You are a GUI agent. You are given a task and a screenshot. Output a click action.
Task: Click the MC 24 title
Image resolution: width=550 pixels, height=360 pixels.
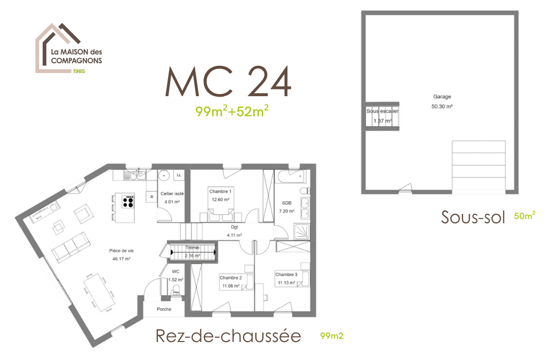(228, 82)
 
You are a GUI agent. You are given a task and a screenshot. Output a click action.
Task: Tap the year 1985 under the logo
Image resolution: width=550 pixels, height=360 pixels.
(78, 71)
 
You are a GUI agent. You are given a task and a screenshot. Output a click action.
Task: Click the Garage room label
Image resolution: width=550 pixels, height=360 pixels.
(442, 97)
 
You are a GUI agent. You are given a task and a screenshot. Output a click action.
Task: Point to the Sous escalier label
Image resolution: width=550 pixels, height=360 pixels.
(382, 111)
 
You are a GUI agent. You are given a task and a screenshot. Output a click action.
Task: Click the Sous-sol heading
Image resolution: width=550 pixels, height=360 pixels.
(473, 217)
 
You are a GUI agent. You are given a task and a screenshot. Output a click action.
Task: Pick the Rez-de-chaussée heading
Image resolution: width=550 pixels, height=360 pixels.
(228, 336)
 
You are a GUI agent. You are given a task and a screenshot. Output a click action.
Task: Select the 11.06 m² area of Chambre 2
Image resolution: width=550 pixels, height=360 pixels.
(231, 285)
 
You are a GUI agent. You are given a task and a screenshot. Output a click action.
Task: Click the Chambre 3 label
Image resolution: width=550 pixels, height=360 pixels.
(286, 275)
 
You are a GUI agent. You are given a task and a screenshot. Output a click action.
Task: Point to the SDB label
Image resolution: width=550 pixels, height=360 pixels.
(286, 203)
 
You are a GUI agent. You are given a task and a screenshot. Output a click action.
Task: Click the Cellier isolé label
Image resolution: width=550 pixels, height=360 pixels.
(172, 194)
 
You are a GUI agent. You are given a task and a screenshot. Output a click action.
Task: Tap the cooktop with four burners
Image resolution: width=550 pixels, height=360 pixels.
(128, 201)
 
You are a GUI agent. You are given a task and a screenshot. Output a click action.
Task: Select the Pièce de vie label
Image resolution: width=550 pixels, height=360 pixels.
(121, 251)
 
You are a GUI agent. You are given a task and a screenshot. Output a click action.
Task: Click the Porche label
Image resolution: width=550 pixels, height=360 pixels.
(164, 309)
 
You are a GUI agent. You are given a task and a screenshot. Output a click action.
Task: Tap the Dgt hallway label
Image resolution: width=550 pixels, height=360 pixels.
(234, 227)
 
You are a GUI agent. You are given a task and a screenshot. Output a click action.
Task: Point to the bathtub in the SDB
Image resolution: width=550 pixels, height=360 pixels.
(291, 177)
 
